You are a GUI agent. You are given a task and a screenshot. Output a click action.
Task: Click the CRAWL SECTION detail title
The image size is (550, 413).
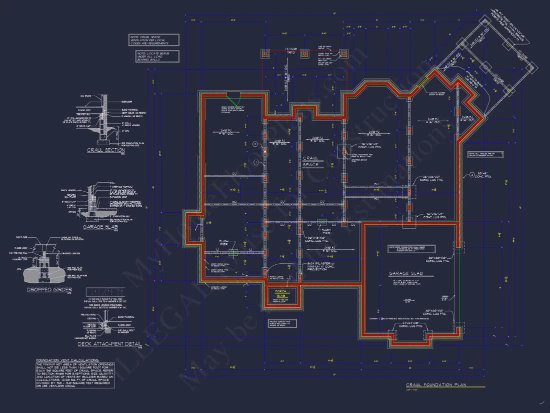[105, 150]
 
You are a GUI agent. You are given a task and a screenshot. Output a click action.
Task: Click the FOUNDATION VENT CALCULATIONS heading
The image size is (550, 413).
[67, 359]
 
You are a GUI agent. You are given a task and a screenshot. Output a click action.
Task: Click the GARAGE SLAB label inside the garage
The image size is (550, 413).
[405, 274]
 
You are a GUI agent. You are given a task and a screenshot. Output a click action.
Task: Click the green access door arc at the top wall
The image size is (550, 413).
[232, 95]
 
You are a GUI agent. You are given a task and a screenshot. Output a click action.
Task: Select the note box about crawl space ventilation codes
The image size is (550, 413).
[153, 40]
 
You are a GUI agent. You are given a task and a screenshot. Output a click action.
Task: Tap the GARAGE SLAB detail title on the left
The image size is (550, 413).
[100, 226]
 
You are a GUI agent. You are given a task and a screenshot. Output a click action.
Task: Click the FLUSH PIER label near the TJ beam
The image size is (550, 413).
[223, 243]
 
